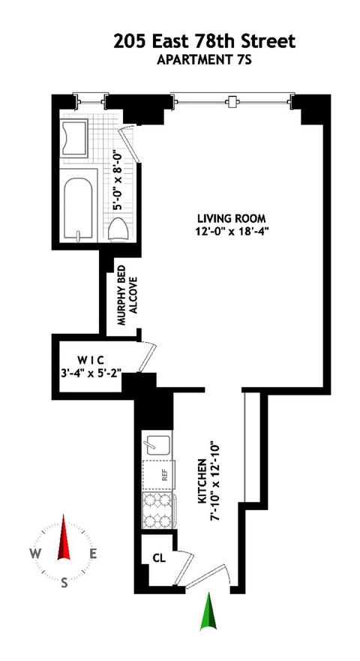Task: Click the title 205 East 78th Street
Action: pos(204,42)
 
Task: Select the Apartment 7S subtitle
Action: pos(204,60)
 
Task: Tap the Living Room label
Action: pos(232,219)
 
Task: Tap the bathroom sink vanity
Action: pos(74,138)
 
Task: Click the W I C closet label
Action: pos(90,361)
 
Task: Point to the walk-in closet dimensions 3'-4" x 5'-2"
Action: pos(90,373)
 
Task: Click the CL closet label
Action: pos(159,558)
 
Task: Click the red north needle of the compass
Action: pos(64,536)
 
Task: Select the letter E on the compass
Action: pos(93,554)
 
